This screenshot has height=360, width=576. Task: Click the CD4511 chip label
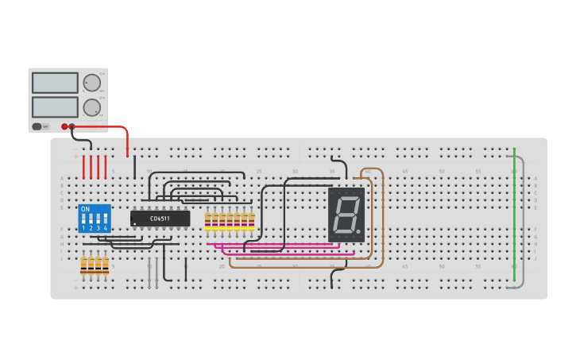(160, 218)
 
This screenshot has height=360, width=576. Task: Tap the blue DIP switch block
(94, 218)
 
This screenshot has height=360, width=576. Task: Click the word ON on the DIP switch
(85, 209)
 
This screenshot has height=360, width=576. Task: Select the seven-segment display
(346, 215)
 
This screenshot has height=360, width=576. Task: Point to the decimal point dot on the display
(358, 232)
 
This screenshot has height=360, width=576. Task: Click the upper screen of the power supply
(55, 83)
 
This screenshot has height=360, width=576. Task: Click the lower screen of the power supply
(55, 106)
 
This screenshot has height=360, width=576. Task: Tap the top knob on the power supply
(92, 83)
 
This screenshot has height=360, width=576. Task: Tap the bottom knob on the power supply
(92, 107)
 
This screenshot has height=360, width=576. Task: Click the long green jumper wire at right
(514, 207)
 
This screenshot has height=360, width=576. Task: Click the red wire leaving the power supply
(111, 127)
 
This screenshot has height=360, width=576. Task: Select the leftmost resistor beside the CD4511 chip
(208, 222)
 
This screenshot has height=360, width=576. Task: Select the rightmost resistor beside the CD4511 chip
(252, 222)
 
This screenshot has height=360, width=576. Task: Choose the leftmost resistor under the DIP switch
(83, 265)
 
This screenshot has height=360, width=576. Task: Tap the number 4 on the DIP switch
(105, 228)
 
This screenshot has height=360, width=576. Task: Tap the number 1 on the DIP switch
(83, 228)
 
